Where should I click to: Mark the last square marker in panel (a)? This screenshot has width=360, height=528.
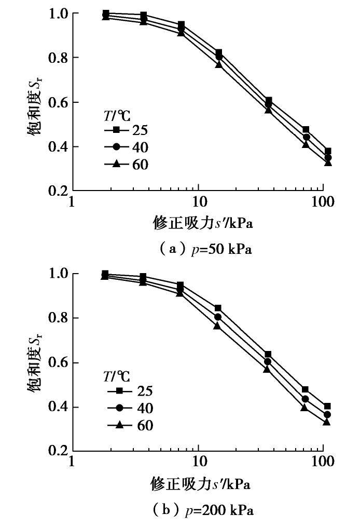[327, 152]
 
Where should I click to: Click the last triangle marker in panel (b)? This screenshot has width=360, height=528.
[327, 422]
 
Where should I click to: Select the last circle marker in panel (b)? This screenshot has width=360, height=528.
[327, 414]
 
